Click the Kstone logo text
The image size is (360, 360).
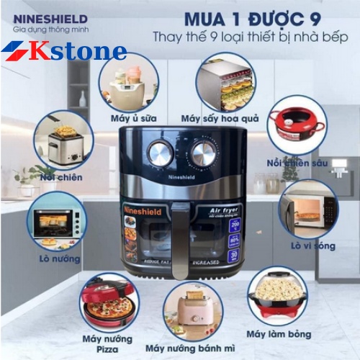[79, 51]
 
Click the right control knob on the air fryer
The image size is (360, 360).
[204, 153]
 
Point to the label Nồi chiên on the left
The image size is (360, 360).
[62, 177]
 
